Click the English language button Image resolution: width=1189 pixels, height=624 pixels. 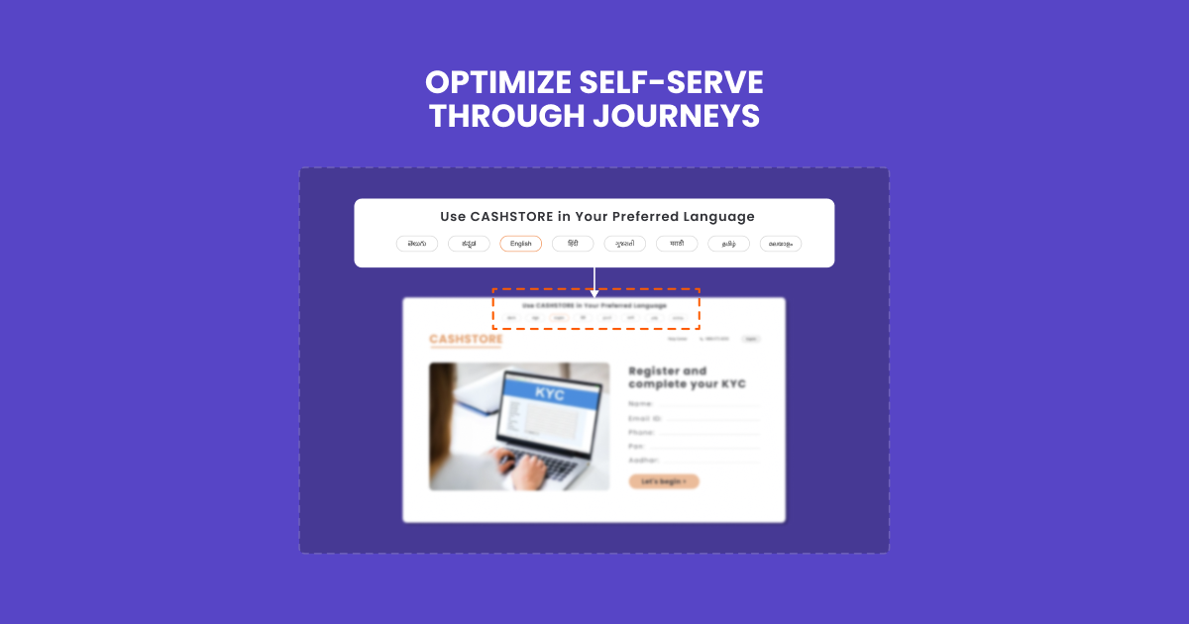(521, 244)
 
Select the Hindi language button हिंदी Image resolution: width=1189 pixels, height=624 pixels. (573, 244)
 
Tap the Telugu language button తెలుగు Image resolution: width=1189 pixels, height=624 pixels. (417, 244)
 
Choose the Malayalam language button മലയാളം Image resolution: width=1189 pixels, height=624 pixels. (781, 244)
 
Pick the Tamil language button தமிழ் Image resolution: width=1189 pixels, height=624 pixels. (728, 244)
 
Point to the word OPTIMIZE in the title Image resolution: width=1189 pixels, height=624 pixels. (500, 81)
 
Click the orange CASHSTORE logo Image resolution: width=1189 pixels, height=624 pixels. (466, 340)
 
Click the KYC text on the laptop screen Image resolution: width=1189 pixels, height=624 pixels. (549, 393)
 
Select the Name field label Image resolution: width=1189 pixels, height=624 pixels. (640, 404)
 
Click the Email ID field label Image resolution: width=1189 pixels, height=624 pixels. (644, 418)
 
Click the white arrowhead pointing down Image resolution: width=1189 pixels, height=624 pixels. (594, 292)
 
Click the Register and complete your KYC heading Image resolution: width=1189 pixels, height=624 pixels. (687, 377)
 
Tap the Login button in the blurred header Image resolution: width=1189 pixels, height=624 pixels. (751, 339)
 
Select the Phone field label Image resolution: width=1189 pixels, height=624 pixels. (641, 433)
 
